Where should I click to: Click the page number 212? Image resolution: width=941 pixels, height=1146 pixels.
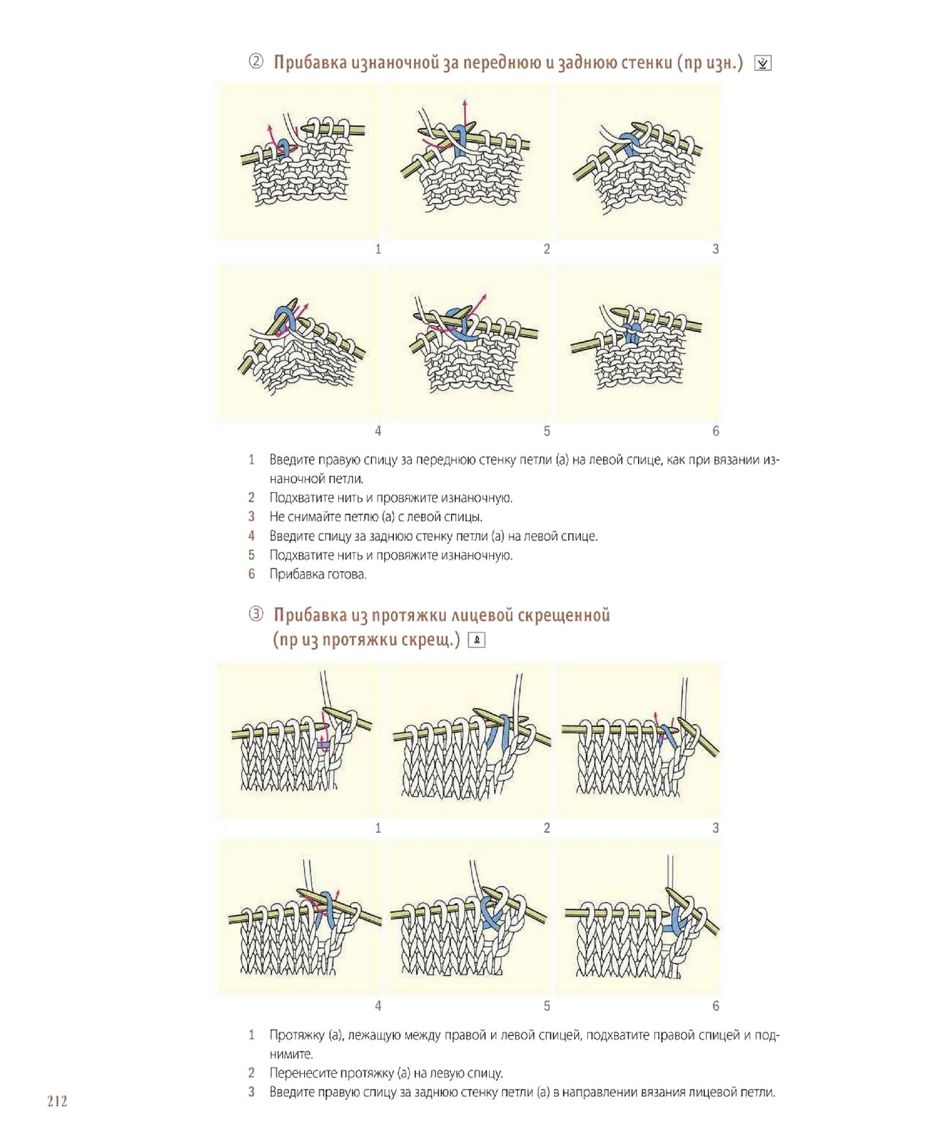pyautogui.click(x=57, y=1101)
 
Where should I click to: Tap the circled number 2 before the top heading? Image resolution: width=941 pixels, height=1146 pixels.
pyautogui.click(x=256, y=62)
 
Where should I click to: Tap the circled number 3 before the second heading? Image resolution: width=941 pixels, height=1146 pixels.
pyautogui.click(x=256, y=614)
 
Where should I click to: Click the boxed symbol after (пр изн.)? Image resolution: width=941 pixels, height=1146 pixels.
pyautogui.click(x=762, y=63)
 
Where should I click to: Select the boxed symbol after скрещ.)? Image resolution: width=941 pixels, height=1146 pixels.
pyautogui.click(x=477, y=640)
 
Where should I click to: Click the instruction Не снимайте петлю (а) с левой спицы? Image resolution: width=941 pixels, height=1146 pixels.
pyautogui.click(x=376, y=517)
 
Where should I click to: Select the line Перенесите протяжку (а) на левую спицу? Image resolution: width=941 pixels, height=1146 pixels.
pyautogui.click(x=386, y=1073)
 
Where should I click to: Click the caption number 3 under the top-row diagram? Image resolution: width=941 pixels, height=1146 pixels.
pyautogui.click(x=715, y=249)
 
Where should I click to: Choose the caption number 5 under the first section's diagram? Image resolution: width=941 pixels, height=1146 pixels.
pyautogui.click(x=546, y=431)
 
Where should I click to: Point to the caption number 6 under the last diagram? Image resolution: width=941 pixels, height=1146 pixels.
pyautogui.click(x=715, y=1006)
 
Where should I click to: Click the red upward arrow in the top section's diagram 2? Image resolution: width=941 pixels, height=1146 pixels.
pyautogui.click(x=464, y=113)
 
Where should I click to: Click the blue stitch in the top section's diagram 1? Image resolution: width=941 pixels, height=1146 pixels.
pyautogui.click(x=284, y=148)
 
